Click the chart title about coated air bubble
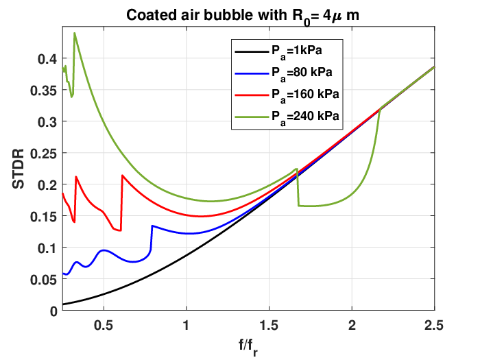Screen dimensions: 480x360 click(243, 16)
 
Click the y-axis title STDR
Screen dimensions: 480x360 click(19, 169)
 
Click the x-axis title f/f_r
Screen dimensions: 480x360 click(248, 347)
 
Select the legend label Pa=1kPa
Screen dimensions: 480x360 click(297, 51)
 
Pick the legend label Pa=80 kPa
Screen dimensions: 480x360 click(302, 73)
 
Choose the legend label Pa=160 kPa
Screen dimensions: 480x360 click(305, 95)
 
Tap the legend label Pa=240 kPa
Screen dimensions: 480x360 click(305, 117)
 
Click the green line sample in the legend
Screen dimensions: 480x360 click(252, 117)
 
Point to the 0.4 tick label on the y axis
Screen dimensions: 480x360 click(47, 59)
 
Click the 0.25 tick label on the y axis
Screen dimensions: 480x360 click(44, 154)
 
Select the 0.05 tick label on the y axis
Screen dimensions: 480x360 click(44, 280)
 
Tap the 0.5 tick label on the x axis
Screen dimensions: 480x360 click(104, 326)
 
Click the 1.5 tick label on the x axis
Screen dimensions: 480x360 click(269, 326)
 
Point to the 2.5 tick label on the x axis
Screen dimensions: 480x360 click(434, 326)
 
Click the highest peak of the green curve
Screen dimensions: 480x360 click(74, 33)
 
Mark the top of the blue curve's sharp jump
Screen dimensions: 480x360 click(152, 226)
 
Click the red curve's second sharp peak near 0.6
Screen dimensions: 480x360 click(123, 176)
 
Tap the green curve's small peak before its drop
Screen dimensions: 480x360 click(297, 169)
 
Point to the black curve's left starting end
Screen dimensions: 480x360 click(63, 304)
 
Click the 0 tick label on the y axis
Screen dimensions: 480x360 click(53, 311)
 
